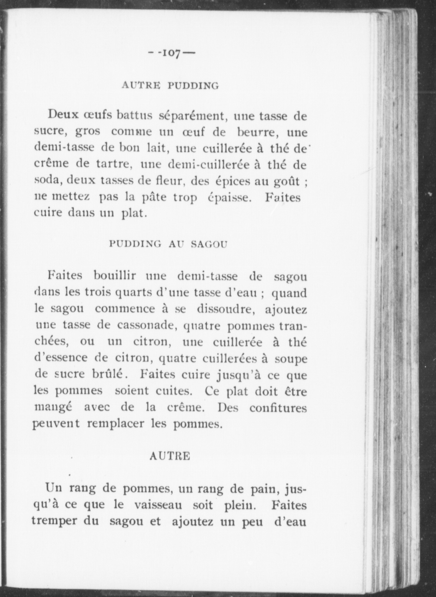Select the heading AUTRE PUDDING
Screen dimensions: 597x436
[x=170, y=85]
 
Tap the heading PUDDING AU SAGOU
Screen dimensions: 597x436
[x=168, y=244]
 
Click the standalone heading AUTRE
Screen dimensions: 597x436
[x=170, y=456]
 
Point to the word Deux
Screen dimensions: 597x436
[x=63, y=115]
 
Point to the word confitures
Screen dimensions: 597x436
[x=278, y=408]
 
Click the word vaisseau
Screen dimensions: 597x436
[x=158, y=505]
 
